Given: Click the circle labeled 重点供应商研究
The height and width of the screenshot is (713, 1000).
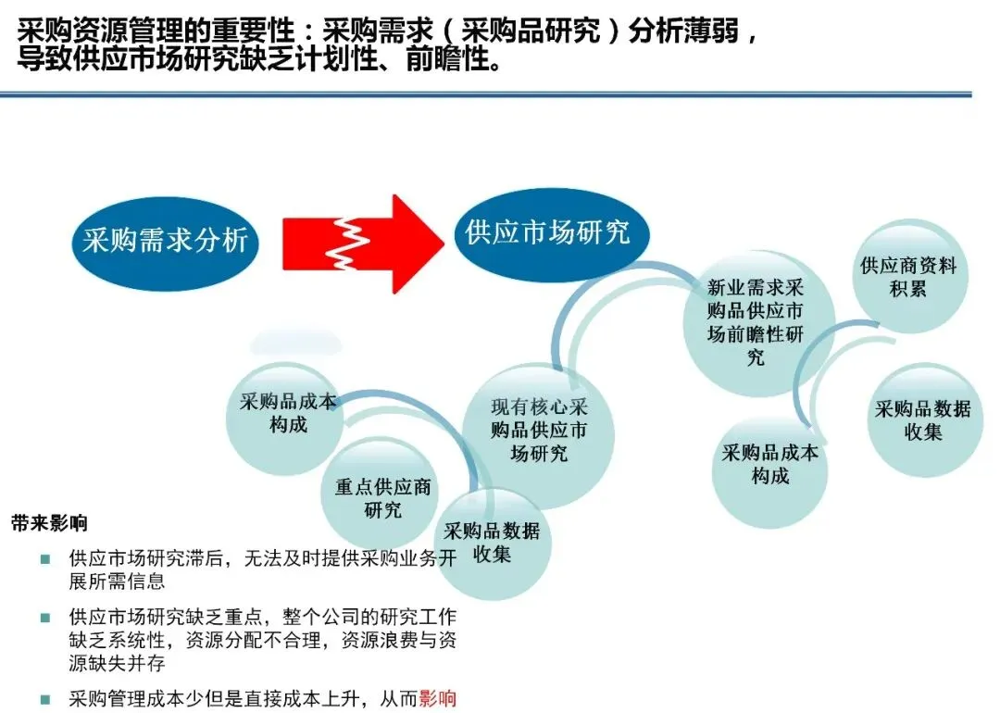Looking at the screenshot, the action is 382,498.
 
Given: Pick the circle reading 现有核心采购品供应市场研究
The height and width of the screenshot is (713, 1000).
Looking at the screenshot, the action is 540,432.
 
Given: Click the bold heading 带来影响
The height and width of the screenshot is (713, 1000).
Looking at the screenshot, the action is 49,523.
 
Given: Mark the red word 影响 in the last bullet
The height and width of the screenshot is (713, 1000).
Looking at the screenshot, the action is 438,699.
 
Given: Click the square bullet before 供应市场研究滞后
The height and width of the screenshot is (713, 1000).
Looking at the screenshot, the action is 44,559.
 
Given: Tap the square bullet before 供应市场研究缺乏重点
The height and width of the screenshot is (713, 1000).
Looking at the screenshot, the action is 44,617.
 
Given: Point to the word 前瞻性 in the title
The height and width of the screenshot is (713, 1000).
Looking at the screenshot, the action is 447,63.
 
